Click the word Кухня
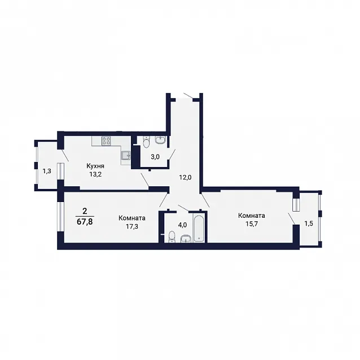coord(95,166)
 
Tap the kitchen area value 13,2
coord(95,174)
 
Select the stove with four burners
coord(106,141)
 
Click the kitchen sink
coord(126,155)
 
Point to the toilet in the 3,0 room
coord(146,142)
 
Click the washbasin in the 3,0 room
coord(161,139)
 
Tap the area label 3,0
coord(155,157)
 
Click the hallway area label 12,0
coord(186,177)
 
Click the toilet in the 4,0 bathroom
coord(172,237)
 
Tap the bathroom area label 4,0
coord(182,225)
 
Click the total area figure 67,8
coord(85,222)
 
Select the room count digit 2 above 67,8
coord(85,211)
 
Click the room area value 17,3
coord(132,227)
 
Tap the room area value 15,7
coord(252,224)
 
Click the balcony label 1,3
coord(47,171)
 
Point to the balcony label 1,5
coord(309,223)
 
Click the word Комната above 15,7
coord(252,216)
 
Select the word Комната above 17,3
coord(132,218)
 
